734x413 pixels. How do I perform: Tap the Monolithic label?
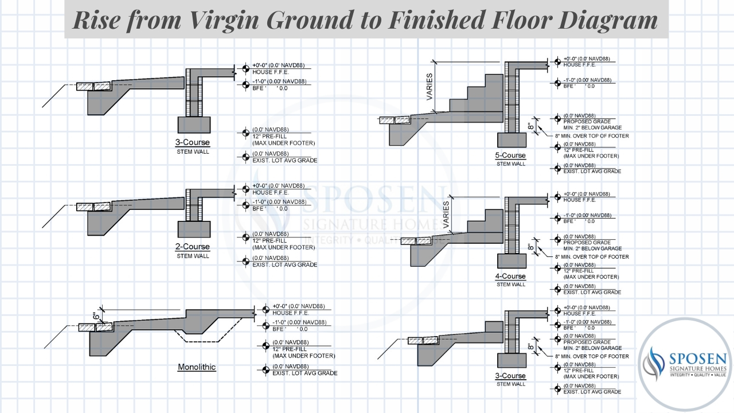click(197, 367)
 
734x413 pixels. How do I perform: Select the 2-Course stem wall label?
click(193, 247)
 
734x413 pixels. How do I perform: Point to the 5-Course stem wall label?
click(510, 156)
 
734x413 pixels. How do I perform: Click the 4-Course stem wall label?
click(510, 276)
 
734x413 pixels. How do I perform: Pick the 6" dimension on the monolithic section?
click(96, 316)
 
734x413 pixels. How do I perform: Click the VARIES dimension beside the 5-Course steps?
click(430, 87)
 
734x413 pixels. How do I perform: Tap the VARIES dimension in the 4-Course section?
click(447, 213)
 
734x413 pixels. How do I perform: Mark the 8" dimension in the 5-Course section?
click(531, 126)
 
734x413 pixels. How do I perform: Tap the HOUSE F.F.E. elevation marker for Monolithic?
click(265, 310)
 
